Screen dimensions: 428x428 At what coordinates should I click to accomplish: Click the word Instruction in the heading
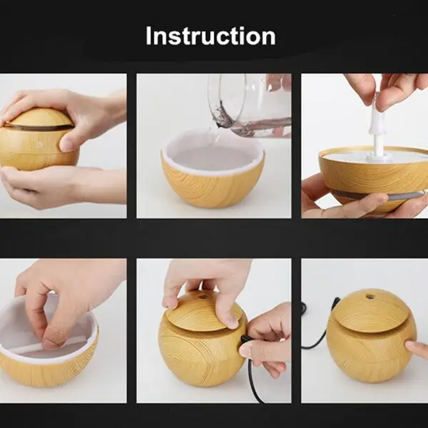pyautogui.click(x=210, y=36)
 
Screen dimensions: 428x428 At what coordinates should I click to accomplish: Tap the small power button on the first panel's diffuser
pyautogui.click(x=39, y=143)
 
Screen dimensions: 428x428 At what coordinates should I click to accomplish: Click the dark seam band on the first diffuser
pyautogui.click(x=39, y=128)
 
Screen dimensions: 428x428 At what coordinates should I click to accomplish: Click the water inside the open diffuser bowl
pyautogui.click(x=213, y=158)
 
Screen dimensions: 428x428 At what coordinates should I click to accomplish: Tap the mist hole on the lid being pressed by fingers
pyautogui.click(x=203, y=297)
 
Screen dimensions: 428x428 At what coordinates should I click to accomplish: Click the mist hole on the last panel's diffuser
pyautogui.click(x=370, y=296)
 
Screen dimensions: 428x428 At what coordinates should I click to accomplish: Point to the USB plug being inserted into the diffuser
pyautogui.click(x=244, y=340)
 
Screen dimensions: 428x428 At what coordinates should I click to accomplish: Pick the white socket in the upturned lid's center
pyautogui.click(x=377, y=157)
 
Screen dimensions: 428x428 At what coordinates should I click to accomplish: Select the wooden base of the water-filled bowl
pyautogui.click(x=213, y=188)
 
